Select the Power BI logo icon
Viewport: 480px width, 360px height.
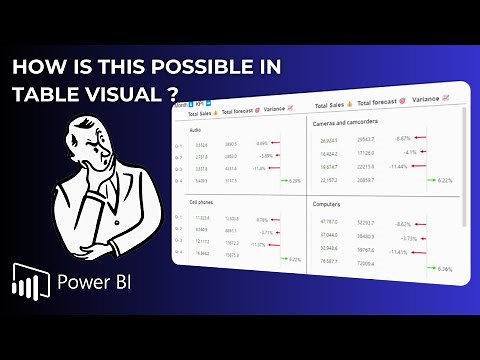32,282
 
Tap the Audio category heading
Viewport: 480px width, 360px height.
194,129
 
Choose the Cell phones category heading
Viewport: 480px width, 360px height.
202,201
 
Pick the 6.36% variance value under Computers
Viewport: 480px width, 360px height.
445,268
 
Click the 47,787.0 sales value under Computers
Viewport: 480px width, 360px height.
327,221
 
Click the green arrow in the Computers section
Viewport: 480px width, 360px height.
429,268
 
